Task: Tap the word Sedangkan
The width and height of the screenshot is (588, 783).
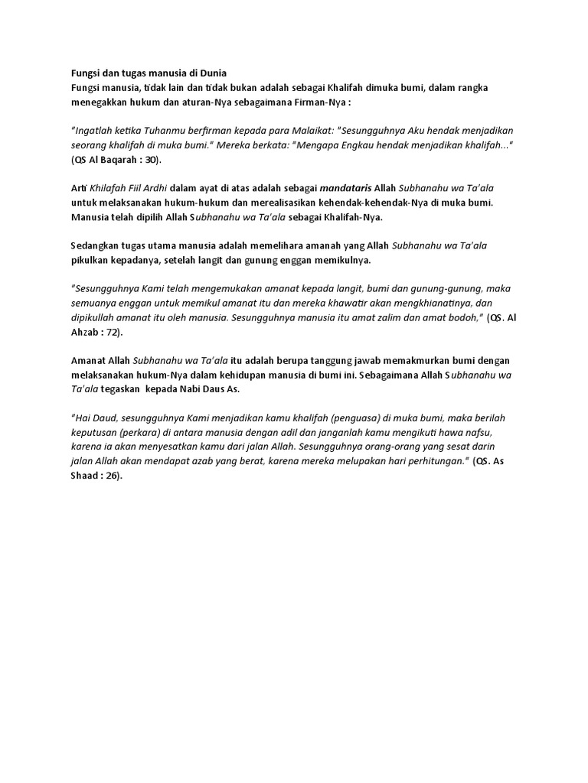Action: click(95, 246)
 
